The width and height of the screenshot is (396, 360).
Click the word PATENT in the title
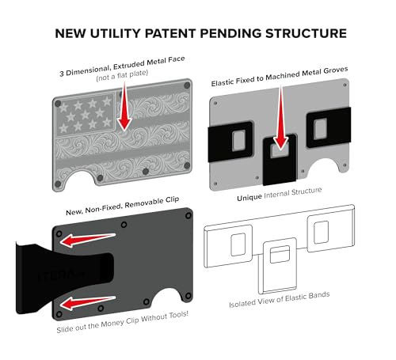point(170,33)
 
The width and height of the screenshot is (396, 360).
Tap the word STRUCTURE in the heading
point(306,33)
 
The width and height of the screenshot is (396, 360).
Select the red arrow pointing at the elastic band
point(280,118)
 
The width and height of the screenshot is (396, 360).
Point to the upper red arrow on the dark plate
point(88,240)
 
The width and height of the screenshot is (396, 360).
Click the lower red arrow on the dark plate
point(88,303)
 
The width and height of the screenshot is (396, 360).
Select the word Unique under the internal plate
point(249,198)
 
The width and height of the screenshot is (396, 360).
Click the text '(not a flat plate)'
point(122,75)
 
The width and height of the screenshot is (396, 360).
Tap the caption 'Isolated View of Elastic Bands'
point(280,300)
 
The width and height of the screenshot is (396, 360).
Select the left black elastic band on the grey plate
point(230,141)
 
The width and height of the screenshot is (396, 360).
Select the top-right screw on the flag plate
point(187,85)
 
